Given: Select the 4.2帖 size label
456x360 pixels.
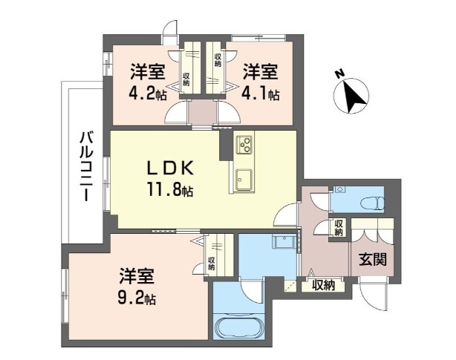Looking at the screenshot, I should coord(147,94).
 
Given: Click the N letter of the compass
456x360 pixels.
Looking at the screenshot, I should coord(338,73).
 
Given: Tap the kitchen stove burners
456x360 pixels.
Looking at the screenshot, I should coord(245,145).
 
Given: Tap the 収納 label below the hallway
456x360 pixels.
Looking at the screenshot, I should coord(323,284).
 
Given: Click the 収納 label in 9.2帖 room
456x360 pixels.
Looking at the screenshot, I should coord(212,264).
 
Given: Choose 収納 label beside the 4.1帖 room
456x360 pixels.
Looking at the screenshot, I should coord(217,59).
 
